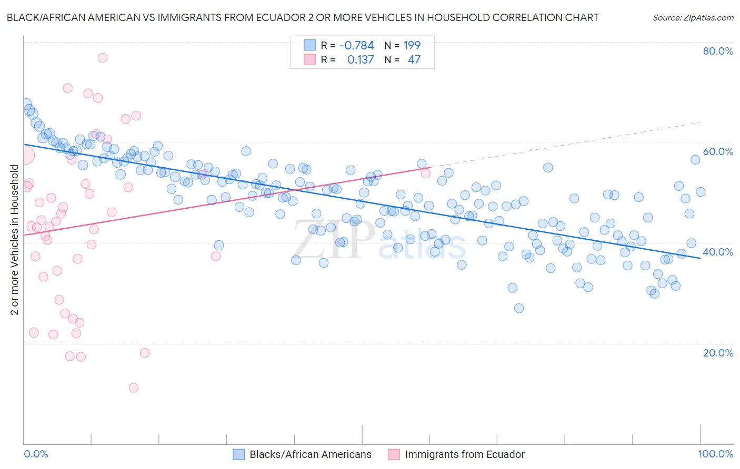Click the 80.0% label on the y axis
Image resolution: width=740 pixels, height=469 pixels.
point(718,51)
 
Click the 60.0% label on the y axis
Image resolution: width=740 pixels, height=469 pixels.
point(718,151)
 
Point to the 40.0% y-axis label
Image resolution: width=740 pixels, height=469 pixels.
point(718,252)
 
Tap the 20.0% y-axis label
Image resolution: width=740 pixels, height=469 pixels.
point(718,352)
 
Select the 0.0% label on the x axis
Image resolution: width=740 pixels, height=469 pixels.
point(36,454)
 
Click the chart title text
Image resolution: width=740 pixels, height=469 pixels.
point(303,17)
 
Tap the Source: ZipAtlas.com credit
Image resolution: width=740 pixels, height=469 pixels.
point(693,17)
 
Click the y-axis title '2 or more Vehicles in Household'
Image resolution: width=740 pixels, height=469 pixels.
point(15,240)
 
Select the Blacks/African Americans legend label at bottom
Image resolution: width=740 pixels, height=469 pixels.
point(310,454)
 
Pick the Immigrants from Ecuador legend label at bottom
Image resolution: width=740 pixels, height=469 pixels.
point(465,454)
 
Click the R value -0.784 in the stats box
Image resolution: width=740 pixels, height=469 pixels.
point(356,45)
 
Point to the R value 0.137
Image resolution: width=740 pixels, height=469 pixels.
point(360,59)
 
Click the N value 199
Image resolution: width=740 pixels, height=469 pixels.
point(412,45)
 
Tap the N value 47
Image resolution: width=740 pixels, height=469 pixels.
point(414,59)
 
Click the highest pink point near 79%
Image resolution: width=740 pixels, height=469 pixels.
point(103,57)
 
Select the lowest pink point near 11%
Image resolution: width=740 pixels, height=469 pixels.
point(134,388)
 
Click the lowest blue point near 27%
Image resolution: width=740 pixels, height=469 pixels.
point(519,308)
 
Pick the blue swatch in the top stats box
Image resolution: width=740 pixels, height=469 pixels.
point(309,45)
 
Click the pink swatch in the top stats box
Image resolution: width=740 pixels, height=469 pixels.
point(309,59)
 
